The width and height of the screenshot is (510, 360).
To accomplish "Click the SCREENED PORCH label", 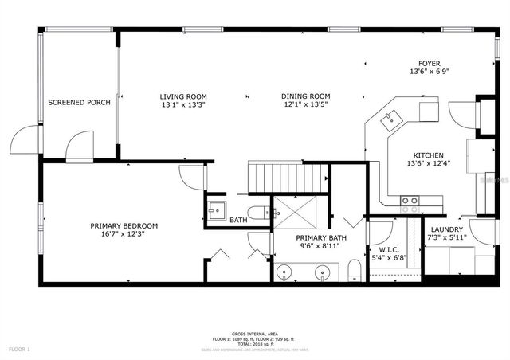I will click(x=79, y=103).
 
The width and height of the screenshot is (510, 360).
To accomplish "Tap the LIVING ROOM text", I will click(x=183, y=96).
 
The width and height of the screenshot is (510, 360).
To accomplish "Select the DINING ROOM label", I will click(x=305, y=96).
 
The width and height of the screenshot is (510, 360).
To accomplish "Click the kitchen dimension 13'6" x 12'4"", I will click(x=429, y=164).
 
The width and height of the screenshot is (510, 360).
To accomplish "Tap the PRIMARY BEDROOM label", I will click(x=124, y=225).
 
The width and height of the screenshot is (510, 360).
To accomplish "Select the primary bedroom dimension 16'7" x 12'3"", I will click(x=124, y=235).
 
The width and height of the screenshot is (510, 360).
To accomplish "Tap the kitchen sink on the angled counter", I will click(x=392, y=121).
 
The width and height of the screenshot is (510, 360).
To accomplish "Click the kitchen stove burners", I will click(x=410, y=201).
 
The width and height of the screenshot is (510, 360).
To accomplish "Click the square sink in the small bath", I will click(x=216, y=211).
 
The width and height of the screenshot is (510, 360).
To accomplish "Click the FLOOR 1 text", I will click(x=19, y=349).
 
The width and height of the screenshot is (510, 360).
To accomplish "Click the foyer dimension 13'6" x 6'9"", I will click(x=430, y=72).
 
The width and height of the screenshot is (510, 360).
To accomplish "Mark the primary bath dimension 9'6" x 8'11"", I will click(x=320, y=248).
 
